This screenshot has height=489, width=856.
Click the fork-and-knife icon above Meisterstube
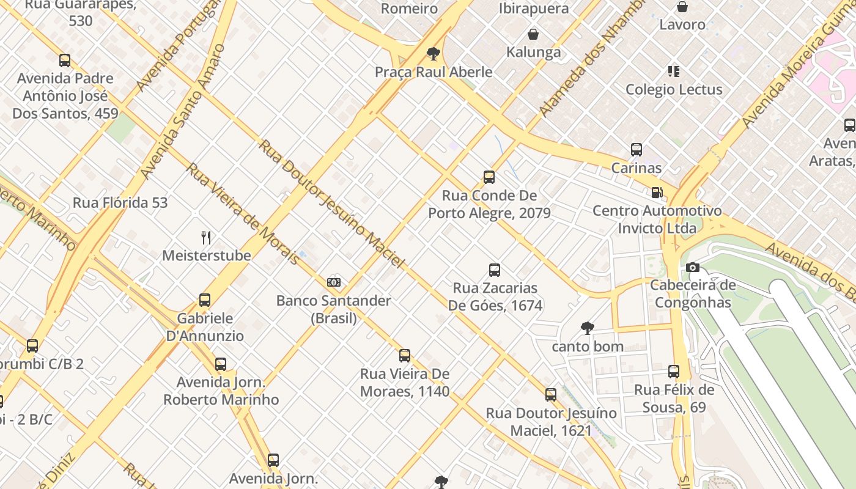coord(206,238)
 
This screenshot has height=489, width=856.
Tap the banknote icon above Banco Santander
coord(334,282)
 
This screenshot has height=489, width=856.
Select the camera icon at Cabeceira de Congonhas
coord(692,267)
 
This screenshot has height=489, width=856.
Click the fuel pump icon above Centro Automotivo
coord(657,193)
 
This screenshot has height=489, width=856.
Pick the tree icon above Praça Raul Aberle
coord(434,54)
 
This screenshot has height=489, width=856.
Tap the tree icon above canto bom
coord(587,328)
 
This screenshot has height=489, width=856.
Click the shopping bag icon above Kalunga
coord(533,34)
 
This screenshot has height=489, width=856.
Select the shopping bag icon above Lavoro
coord(682,7)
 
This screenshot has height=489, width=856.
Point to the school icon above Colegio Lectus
coord(674,72)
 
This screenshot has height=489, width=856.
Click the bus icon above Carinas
coord(636,150)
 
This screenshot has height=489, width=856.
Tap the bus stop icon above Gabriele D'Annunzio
coord(205,300)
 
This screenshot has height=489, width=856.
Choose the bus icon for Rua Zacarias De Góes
coord(495,270)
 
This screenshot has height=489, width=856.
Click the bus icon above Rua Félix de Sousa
coord(673,372)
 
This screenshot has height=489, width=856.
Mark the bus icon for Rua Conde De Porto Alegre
coord(489,177)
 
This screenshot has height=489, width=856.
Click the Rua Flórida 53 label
coord(120,202)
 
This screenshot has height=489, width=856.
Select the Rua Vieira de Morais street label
coord(242,213)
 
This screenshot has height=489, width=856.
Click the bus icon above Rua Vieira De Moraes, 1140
coord(404,356)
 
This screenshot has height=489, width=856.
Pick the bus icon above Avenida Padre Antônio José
coord(65,61)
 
